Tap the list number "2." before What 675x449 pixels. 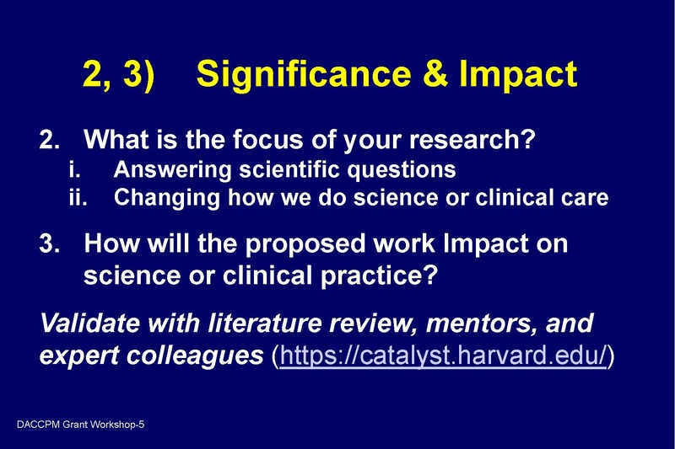point(50,138)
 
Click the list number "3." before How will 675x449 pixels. point(50,244)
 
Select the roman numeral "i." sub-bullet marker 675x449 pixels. point(73,170)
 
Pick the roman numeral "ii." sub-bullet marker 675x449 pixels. point(76,199)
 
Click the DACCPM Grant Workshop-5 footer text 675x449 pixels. point(79,425)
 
